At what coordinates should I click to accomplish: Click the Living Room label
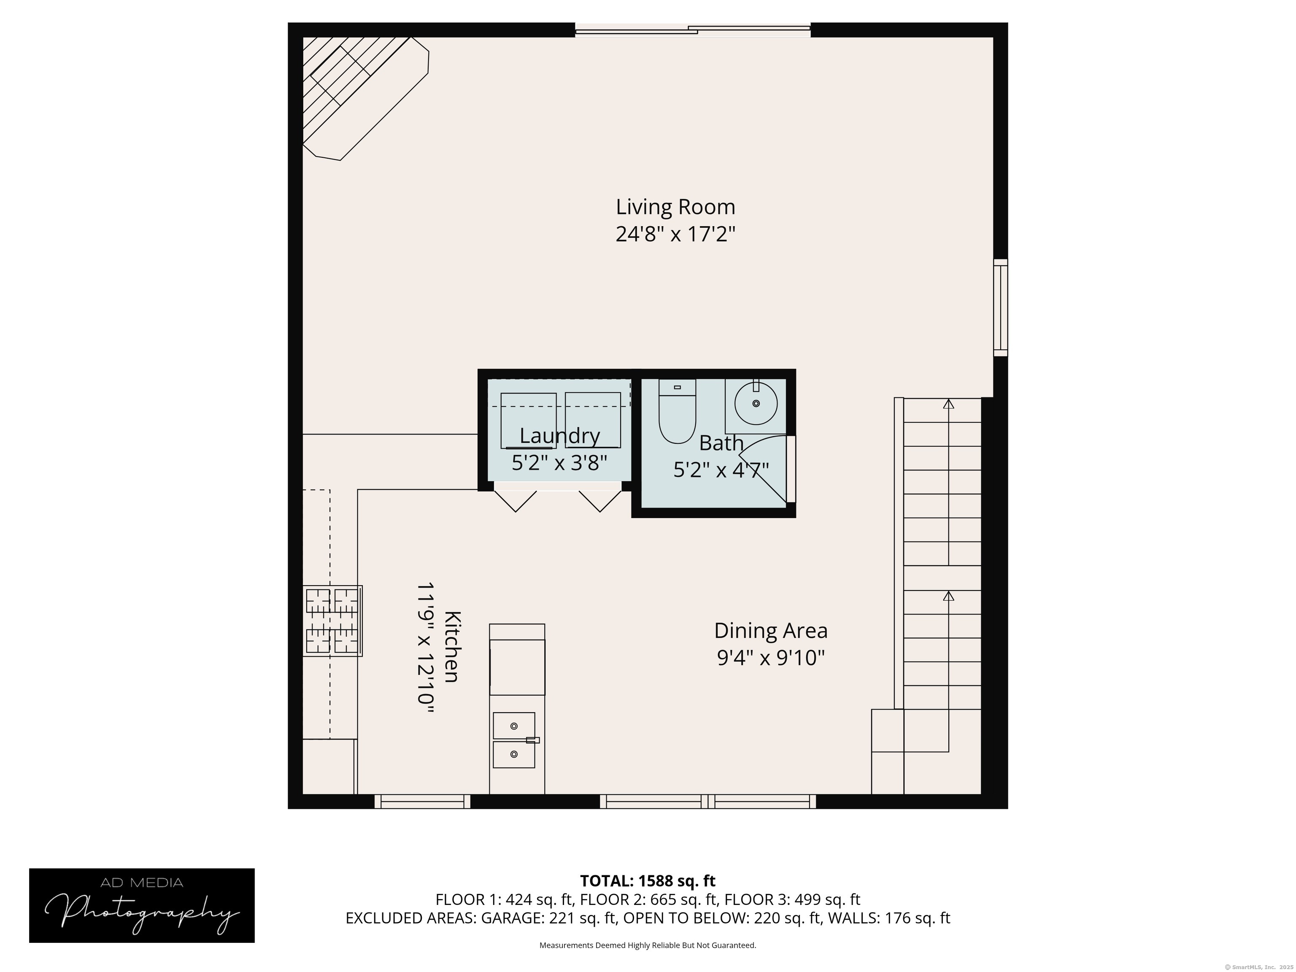tap(675, 207)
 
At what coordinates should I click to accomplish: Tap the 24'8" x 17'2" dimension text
tap(675, 235)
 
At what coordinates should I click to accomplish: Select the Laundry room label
tap(559, 436)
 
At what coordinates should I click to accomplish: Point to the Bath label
tap(721, 443)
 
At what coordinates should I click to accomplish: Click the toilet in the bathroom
tap(677, 411)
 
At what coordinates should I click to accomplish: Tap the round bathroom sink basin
tap(756, 403)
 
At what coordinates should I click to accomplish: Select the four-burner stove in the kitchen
tap(332, 621)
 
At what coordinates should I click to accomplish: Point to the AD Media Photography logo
tap(142, 905)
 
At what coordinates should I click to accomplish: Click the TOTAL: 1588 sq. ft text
tap(648, 880)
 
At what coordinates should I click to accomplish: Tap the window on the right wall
tap(1001, 308)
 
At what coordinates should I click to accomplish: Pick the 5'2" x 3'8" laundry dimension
tap(559, 463)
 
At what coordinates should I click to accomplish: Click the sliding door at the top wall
tap(693, 30)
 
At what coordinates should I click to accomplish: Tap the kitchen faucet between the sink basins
tap(532, 740)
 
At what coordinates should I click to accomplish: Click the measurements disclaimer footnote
tap(648, 945)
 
